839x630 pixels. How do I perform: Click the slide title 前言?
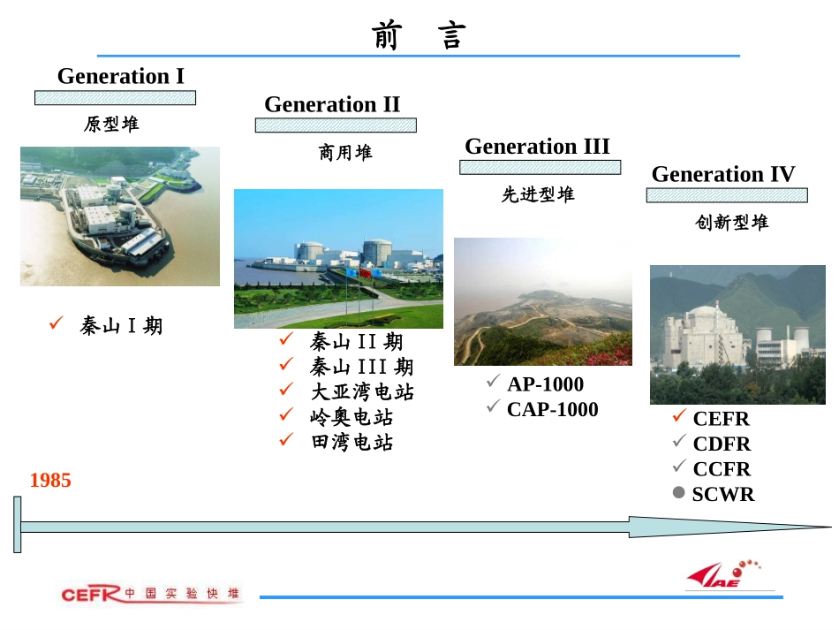(x=419, y=36)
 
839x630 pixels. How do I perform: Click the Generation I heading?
(x=121, y=76)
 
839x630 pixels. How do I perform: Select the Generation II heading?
(x=332, y=104)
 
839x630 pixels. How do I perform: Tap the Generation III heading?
(x=537, y=146)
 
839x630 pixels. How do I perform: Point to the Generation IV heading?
(x=723, y=174)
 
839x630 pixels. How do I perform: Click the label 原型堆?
(x=111, y=125)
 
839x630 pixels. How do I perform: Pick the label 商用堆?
(x=345, y=153)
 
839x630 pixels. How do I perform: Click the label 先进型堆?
(x=538, y=195)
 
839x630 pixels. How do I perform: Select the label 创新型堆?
(x=731, y=223)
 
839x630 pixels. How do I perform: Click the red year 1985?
(x=50, y=481)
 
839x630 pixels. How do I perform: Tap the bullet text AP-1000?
(x=545, y=384)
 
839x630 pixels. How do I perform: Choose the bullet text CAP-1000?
(x=552, y=410)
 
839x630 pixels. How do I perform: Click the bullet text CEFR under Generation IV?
(x=721, y=419)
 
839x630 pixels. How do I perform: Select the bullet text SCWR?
(x=723, y=495)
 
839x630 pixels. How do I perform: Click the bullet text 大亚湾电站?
(x=362, y=391)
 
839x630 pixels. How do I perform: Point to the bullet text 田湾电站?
(x=352, y=443)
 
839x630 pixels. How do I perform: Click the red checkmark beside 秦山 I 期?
(x=55, y=324)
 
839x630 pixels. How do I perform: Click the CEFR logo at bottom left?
(x=88, y=594)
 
